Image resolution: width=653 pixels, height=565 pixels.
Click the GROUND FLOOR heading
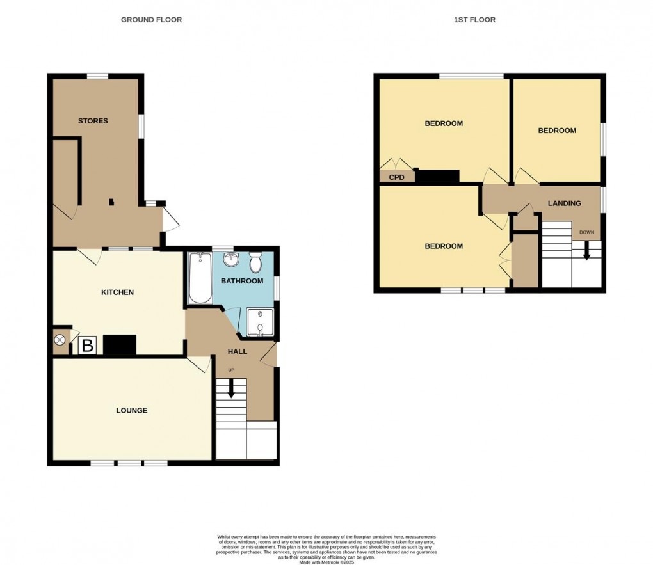(151, 20)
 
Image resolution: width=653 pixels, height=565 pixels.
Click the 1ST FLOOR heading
(474, 20)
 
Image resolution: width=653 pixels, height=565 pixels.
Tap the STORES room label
(93, 121)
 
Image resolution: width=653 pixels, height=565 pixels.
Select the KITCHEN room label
(118, 292)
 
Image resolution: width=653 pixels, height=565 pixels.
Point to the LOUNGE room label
(131, 410)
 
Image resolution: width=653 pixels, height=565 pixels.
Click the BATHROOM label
(242, 281)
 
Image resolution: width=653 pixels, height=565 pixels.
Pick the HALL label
(238, 351)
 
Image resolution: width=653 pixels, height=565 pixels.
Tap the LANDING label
(564, 203)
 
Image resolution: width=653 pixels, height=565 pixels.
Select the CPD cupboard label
(397, 177)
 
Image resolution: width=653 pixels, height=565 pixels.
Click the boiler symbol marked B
(86, 346)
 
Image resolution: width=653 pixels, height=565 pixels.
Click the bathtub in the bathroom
(200, 278)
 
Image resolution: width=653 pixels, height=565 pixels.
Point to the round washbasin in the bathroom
(230, 259)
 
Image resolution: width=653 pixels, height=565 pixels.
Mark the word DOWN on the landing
(586, 232)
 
